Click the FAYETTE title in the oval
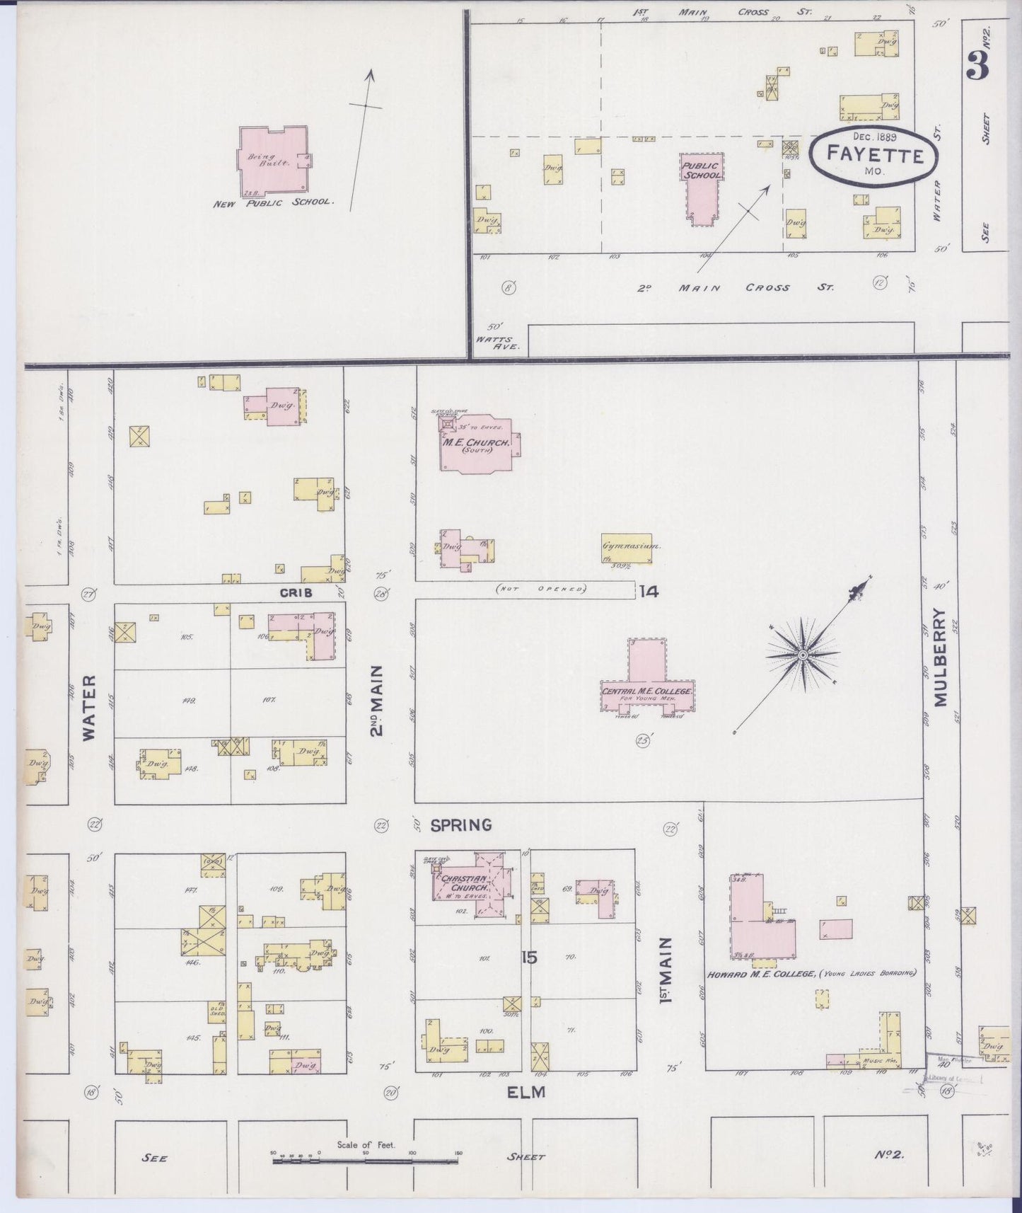875,154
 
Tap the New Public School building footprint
271,158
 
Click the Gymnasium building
626,548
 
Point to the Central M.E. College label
646,690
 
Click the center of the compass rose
803,657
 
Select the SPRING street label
461,824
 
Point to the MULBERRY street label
939,657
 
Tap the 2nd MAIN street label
378,700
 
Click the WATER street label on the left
89,707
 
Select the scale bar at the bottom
366,1161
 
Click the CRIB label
296,593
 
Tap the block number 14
649,592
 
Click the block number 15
529,958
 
